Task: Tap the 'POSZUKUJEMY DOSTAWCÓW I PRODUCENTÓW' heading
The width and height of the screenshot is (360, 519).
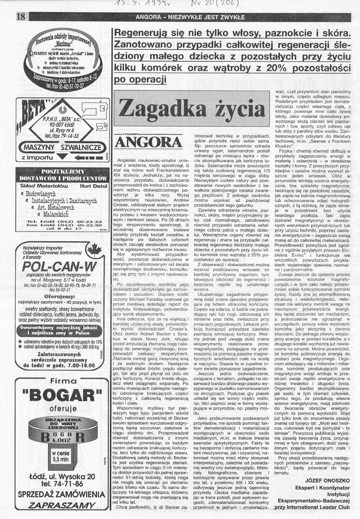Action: coord(60,175)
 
